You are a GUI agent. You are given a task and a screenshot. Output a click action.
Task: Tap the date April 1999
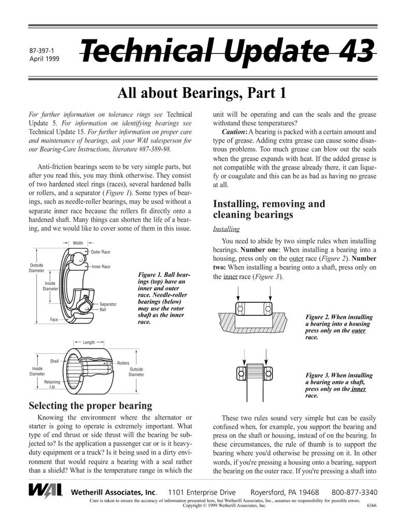tap(45, 59)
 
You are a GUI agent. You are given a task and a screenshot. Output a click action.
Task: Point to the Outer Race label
tap(101, 252)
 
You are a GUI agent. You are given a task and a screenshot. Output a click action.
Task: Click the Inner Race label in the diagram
tap(101, 267)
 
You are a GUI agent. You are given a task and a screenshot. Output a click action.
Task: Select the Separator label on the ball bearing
tap(108, 304)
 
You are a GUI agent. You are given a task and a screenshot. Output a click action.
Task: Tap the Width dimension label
tap(78, 243)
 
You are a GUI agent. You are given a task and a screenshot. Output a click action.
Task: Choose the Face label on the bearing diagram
tap(54, 319)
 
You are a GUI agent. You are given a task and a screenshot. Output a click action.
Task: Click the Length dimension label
tap(89, 342)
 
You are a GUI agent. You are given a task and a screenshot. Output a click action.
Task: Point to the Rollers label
tap(123, 363)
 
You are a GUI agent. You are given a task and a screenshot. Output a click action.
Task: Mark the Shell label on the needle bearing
tap(54, 361)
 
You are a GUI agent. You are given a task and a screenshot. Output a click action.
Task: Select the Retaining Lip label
tap(52, 384)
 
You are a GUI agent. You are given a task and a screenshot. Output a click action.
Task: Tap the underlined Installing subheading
tap(226, 229)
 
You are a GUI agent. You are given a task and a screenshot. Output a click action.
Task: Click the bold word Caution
tap(234, 132)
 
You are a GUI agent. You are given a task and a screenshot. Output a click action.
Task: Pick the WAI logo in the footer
tap(46, 491)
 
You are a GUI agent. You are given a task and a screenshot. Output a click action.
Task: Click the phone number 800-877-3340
tap(355, 492)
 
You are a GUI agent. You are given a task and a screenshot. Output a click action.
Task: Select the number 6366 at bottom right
tap(371, 505)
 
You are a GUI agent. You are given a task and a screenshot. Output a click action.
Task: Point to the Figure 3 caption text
tap(338, 385)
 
